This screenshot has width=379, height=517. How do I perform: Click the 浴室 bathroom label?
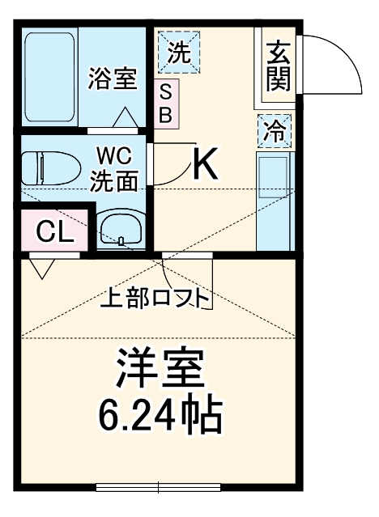tap(112, 80)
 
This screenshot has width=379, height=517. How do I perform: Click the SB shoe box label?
tap(165, 103)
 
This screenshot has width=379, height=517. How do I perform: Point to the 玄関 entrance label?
tap(278, 67)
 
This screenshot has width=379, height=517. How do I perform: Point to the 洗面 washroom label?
tap(113, 180)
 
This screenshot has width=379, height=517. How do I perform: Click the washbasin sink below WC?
tap(121, 230)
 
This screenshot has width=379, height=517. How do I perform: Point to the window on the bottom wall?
tap(159, 487)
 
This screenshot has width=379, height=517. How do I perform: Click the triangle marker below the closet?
tap(41, 266)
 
